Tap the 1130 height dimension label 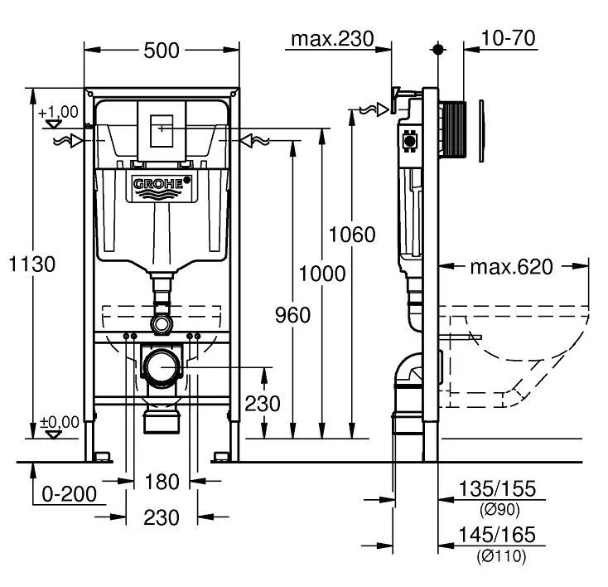(32, 264)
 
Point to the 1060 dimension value (352, 235)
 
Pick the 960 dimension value (292, 315)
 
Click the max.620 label (510, 267)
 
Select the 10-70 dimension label (508, 38)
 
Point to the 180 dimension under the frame (162, 482)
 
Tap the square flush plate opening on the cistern (162, 129)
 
